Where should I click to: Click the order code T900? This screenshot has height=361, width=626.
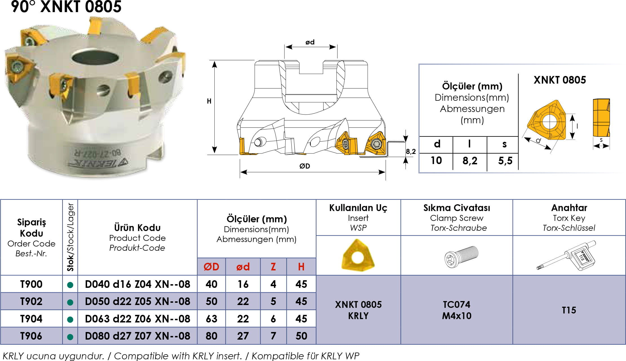pyautogui.click(x=31, y=284)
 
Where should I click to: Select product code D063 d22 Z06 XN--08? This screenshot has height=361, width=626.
pyautogui.click(x=137, y=319)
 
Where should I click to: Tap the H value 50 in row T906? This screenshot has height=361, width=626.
pyautogui.click(x=301, y=336)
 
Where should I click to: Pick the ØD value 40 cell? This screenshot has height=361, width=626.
pyautogui.click(x=211, y=284)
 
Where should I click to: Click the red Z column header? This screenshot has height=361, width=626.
pyautogui.click(x=273, y=267)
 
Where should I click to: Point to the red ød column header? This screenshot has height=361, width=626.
pyautogui.click(x=243, y=267)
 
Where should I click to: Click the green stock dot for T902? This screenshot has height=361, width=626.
pyautogui.click(x=70, y=302)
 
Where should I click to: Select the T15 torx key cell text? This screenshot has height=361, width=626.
pyautogui.click(x=569, y=310)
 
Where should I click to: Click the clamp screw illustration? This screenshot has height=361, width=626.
pyautogui.click(x=461, y=256)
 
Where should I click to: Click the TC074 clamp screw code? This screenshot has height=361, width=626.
pyautogui.click(x=456, y=304)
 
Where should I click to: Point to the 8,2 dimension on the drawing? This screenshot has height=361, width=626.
pyautogui.click(x=411, y=152)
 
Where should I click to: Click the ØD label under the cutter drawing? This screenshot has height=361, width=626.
pyautogui.click(x=305, y=166)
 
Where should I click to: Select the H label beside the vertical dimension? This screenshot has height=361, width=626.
pyautogui.click(x=209, y=101)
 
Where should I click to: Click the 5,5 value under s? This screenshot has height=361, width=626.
pyautogui.click(x=505, y=161)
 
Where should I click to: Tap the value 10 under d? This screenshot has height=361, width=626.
pyautogui.click(x=436, y=160)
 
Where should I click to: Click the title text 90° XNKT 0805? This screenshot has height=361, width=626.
pyautogui.click(x=66, y=6)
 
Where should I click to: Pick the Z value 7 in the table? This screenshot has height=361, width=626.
pyautogui.click(x=273, y=336)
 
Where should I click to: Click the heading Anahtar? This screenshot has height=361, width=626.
pyautogui.click(x=569, y=208)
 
